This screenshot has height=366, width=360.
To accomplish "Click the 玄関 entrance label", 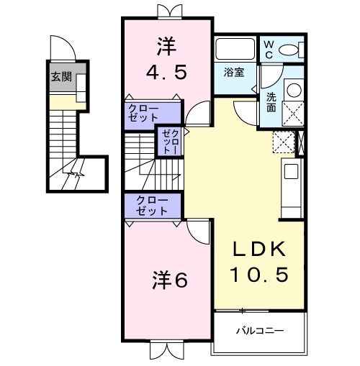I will [x=60, y=77].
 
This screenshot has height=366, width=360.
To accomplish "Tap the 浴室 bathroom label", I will [x=233, y=73].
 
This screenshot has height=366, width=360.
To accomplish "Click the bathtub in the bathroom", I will [x=234, y=50].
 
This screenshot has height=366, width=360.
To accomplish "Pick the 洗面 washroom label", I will [x=271, y=102].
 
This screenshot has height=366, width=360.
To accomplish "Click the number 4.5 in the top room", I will [x=166, y=73].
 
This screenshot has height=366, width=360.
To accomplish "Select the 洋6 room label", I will [x=169, y=280].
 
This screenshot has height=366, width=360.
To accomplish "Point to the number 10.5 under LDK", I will [x=258, y=274].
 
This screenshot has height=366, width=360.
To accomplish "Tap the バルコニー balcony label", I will [x=260, y=331].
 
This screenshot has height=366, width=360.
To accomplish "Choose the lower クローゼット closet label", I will [x=149, y=206].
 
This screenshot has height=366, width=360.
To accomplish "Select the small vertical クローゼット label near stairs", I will [x=168, y=140].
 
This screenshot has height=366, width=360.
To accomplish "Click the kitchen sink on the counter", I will [x=292, y=172].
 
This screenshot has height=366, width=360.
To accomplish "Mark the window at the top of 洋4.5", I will [x=166, y=11].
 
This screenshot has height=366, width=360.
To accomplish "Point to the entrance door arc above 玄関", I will [x=66, y=47].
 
